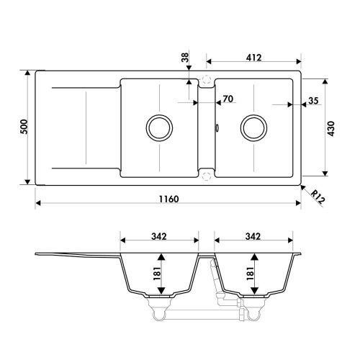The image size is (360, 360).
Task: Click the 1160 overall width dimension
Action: pyautogui.click(x=166, y=198)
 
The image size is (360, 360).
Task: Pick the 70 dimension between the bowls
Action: pyautogui.click(x=228, y=98)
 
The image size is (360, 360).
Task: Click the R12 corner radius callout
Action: pyautogui.click(x=317, y=195)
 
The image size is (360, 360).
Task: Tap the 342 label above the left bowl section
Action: pyautogui.click(x=159, y=235)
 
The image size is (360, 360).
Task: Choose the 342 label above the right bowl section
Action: pyautogui.click(x=253, y=235)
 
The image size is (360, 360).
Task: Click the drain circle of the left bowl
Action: pyautogui.click(x=159, y=127)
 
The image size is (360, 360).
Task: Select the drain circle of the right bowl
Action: pyautogui.click(x=253, y=127)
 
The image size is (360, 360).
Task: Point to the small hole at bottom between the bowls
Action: pyautogui.click(x=207, y=174)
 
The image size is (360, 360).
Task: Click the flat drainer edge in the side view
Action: pyautogui.click(x=72, y=255)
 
